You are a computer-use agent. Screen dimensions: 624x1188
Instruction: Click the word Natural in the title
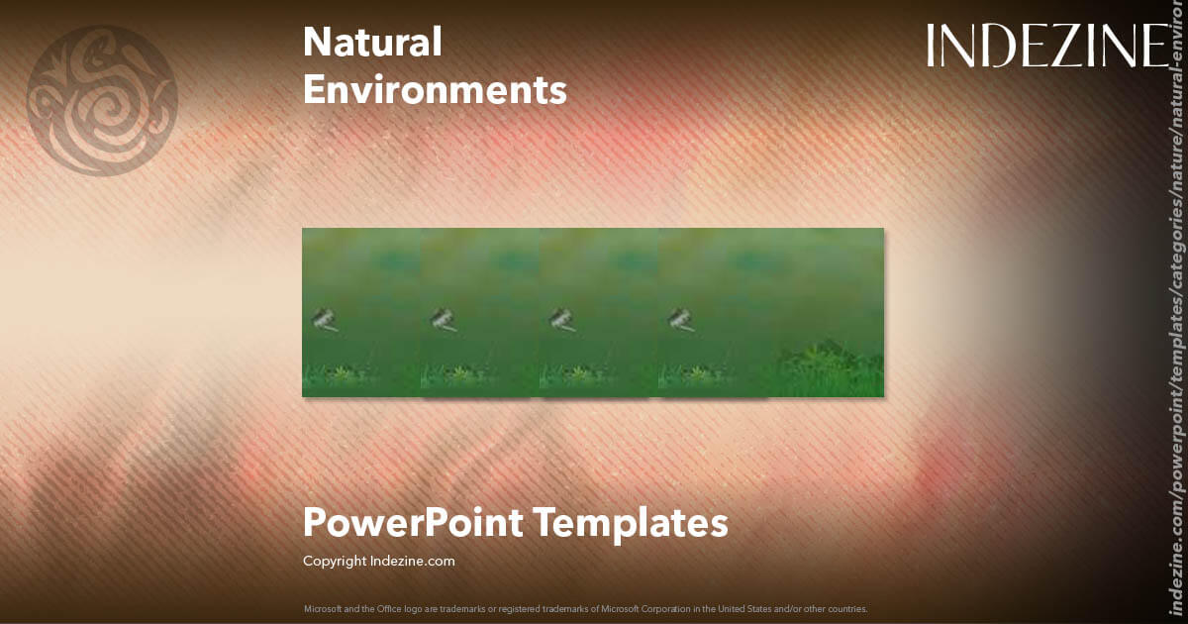click(x=372, y=43)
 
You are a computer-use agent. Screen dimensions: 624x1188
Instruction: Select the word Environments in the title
click(x=435, y=90)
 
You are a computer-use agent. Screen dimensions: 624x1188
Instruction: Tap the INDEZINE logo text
click(x=1047, y=47)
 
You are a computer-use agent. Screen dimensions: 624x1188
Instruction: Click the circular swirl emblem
click(x=102, y=101)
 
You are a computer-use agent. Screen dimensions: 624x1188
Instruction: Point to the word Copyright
click(x=335, y=561)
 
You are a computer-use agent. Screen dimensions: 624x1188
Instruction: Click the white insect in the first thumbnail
click(x=324, y=319)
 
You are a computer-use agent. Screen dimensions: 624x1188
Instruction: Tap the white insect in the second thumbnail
click(x=443, y=319)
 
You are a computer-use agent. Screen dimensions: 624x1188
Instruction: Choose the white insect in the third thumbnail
click(x=561, y=319)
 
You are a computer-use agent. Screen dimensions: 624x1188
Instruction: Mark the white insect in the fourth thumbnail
click(x=680, y=319)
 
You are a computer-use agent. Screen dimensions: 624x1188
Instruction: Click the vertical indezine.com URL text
click(x=1176, y=327)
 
